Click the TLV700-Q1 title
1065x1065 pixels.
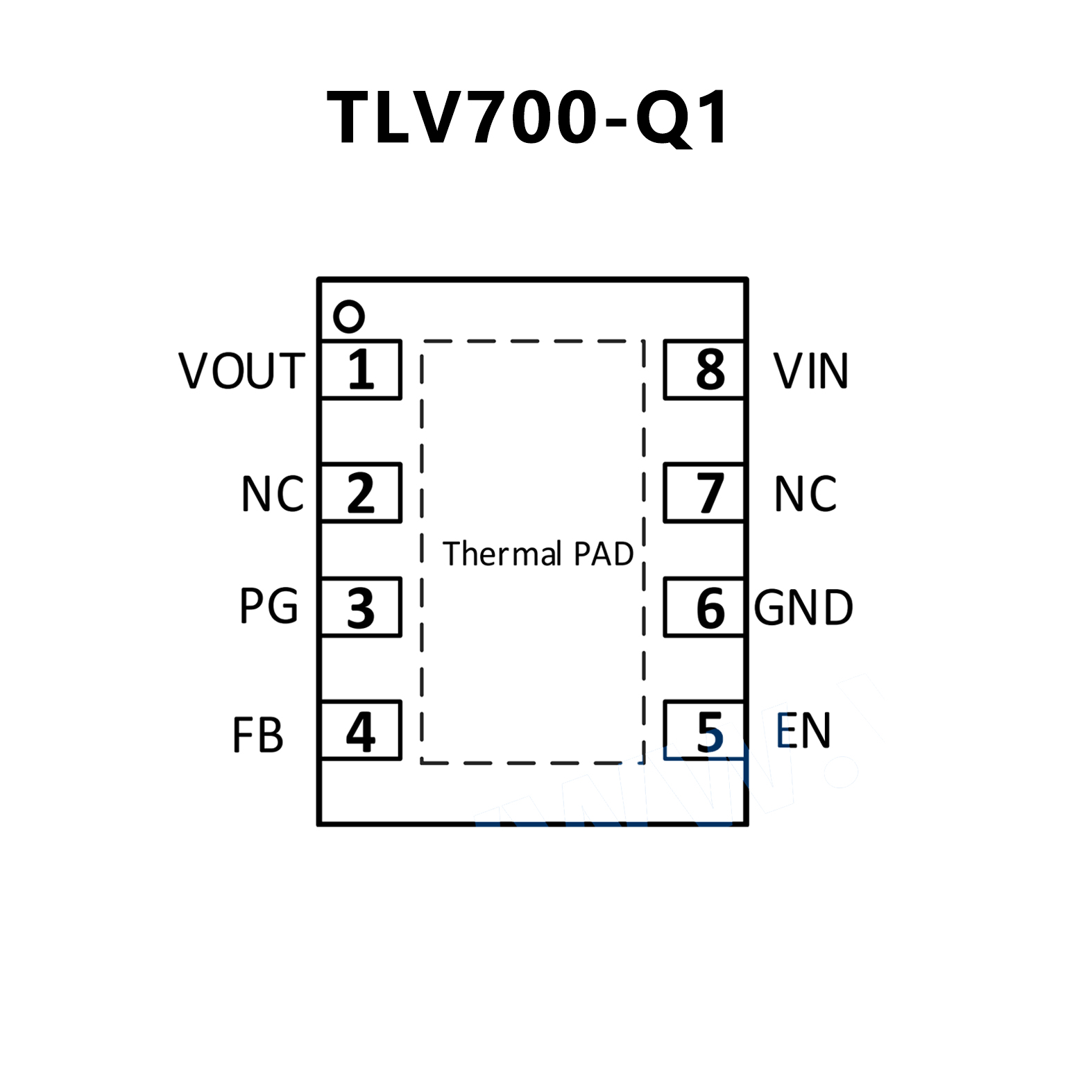[527, 118]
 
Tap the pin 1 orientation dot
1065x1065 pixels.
[348, 316]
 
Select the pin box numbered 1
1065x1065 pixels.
[361, 370]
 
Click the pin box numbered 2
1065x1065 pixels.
[361, 493]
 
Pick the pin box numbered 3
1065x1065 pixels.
[361, 607]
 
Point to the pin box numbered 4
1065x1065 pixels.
[361, 731]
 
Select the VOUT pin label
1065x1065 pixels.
[241, 370]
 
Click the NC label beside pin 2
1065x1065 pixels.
[273, 494]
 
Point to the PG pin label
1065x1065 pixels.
[269, 606]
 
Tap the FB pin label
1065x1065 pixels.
[258, 735]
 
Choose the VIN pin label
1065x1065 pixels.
[810, 370]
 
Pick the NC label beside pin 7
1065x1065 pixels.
[805, 494]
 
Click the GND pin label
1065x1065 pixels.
[803, 608]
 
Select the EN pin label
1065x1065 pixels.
[803, 731]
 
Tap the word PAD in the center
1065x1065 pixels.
[604, 554]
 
